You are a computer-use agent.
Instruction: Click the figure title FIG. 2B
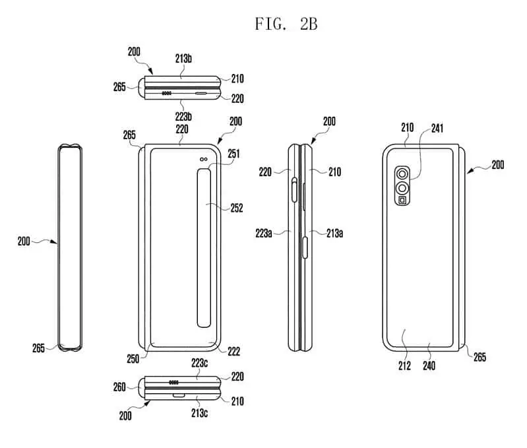(286, 24)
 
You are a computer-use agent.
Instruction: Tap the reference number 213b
(183, 58)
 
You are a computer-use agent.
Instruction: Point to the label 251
(233, 154)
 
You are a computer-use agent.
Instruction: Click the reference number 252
(237, 208)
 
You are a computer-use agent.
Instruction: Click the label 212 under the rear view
(404, 365)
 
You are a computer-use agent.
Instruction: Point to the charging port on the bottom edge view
(177, 395)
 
